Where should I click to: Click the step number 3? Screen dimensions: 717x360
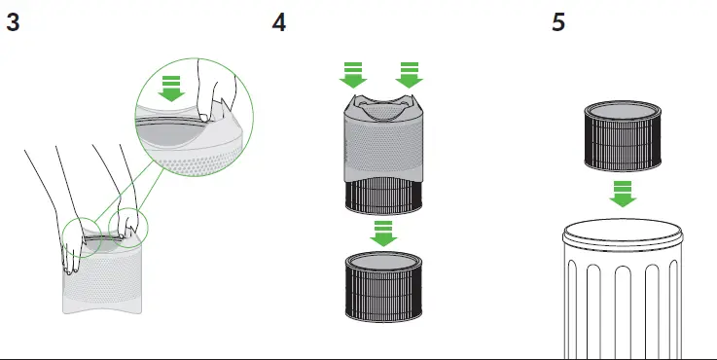(x=13, y=22)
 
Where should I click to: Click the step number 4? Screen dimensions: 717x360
(x=279, y=22)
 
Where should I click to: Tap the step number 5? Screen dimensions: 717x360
(x=558, y=22)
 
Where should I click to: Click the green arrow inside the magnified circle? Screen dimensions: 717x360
(x=171, y=89)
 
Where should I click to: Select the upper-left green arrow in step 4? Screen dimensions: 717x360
(x=353, y=75)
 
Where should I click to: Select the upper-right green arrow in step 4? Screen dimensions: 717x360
(x=410, y=75)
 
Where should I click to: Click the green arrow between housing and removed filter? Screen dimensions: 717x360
(x=383, y=234)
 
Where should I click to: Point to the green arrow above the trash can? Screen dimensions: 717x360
(x=623, y=194)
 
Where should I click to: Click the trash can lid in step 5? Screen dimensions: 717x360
(x=623, y=234)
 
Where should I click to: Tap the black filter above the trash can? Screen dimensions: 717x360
(x=623, y=136)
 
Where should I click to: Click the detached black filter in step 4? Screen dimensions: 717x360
(x=383, y=287)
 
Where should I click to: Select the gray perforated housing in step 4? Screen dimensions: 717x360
(x=383, y=136)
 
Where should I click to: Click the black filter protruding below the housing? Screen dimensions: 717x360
(x=383, y=197)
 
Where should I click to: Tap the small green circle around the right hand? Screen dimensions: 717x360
(x=128, y=228)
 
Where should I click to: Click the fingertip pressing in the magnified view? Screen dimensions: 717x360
(x=204, y=117)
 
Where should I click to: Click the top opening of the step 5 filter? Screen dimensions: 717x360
(x=623, y=111)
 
